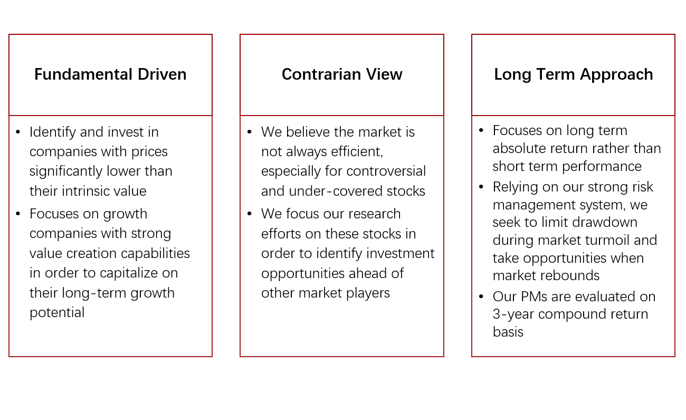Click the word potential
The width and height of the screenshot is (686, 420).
click(57, 312)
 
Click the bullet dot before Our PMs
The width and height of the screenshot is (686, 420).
click(481, 297)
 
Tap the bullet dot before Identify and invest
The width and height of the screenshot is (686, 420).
click(18, 132)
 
